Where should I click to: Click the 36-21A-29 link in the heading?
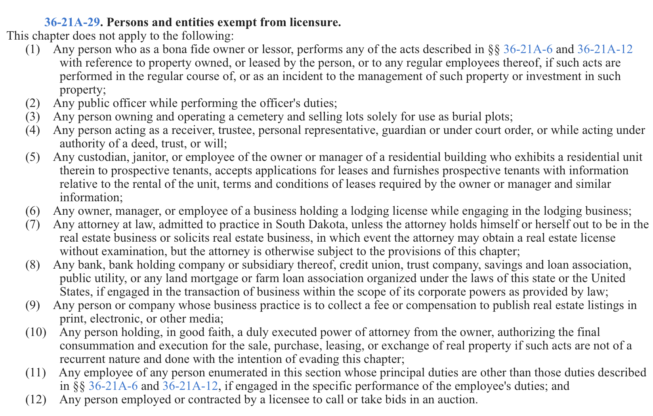(71, 23)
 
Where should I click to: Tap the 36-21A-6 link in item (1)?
(528, 50)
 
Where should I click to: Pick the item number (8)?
(33, 265)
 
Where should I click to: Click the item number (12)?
(36, 399)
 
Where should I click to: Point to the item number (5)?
(33, 157)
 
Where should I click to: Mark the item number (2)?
(33, 103)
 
